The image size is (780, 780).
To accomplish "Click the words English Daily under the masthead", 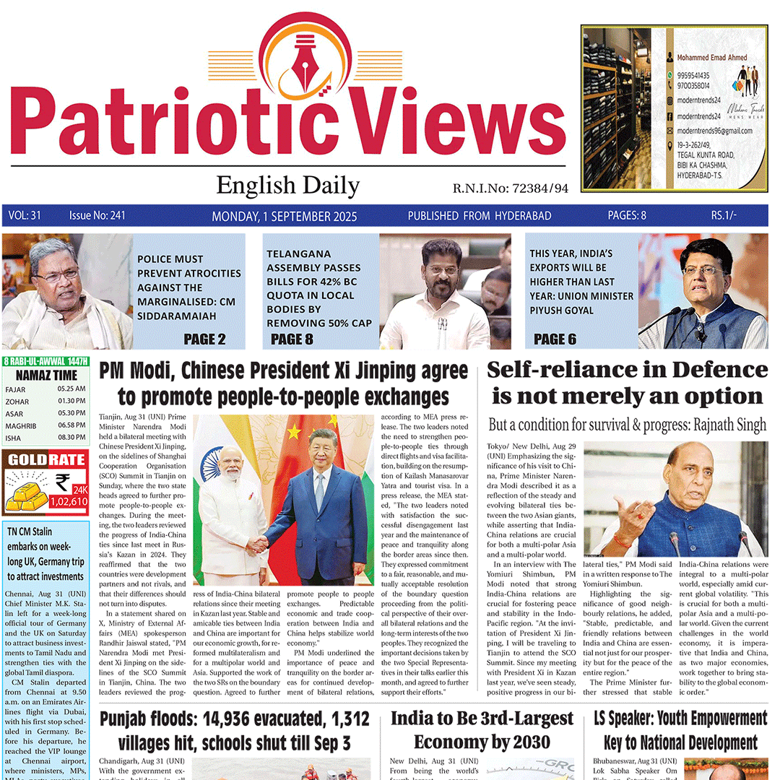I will (x=287, y=186).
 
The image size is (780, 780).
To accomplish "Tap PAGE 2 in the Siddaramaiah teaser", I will (x=204, y=339).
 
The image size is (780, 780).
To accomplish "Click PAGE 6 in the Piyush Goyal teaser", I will (x=555, y=339).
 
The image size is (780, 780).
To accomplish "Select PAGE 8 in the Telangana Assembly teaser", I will (x=292, y=339).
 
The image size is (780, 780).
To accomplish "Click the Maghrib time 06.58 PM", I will (x=71, y=425).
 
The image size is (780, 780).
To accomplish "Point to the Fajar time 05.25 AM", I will (x=71, y=389).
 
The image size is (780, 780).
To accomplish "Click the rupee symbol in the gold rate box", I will (x=63, y=482).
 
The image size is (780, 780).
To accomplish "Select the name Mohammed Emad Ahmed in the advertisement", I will (x=712, y=57).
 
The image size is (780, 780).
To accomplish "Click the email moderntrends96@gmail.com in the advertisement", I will (x=714, y=131).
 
